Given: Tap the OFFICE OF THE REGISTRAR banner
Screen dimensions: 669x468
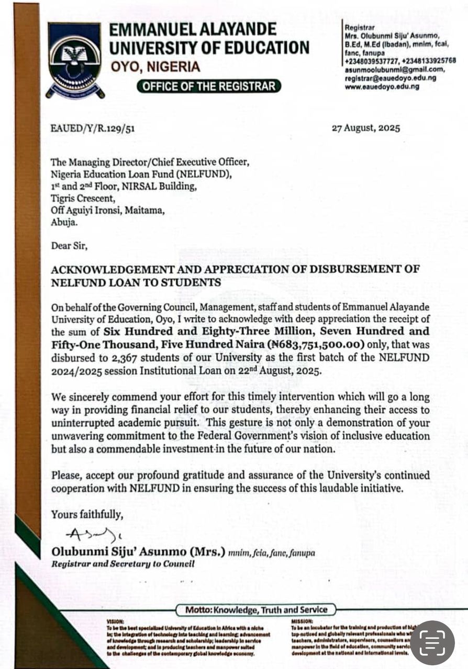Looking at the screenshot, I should (208, 86).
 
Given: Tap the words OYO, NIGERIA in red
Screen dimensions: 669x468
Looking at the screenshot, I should (155, 67).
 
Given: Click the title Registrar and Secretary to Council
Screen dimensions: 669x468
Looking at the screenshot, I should (122, 564).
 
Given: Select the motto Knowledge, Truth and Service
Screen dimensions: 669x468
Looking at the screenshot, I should (255, 609).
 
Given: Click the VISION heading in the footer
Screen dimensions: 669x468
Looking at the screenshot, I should (115, 621).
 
